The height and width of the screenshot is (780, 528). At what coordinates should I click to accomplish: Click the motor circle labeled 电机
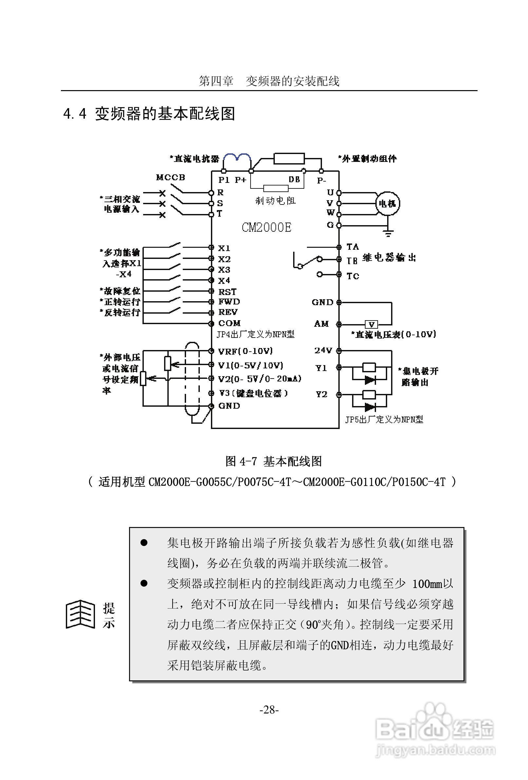[387, 203]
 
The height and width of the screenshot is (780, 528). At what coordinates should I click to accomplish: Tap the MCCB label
[170, 177]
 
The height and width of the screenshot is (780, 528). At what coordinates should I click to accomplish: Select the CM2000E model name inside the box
[266, 227]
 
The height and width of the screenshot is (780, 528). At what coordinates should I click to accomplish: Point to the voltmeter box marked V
[371, 324]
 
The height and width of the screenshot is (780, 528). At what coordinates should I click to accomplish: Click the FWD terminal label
[229, 302]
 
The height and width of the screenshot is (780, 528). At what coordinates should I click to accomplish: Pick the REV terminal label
[228, 312]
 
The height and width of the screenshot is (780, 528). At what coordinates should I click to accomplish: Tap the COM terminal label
[230, 323]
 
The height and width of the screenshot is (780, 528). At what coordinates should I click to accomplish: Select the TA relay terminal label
[352, 247]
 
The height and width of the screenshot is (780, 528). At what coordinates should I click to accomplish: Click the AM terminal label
[321, 324]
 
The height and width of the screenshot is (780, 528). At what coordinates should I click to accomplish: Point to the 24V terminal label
[323, 350]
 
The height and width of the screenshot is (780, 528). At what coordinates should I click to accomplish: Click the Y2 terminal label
[321, 394]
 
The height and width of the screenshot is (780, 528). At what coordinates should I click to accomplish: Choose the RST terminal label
[227, 291]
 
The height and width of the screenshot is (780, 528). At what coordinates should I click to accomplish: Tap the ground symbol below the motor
[388, 233]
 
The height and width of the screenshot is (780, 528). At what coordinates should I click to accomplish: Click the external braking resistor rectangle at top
[289, 158]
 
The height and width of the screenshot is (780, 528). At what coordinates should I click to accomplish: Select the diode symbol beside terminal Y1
[370, 380]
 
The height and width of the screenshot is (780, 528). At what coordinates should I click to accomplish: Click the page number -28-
[269, 710]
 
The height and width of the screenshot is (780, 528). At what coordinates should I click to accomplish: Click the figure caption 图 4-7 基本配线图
[273, 461]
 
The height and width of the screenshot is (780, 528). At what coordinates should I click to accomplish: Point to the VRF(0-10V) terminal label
[245, 351]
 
